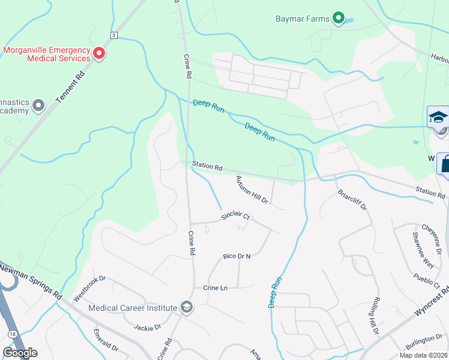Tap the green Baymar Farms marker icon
click(x=339, y=19)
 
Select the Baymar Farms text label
click(x=303, y=19)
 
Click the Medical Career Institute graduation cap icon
click(x=186, y=307)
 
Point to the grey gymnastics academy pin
click(x=39, y=106)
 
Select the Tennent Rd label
click(x=70, y=88)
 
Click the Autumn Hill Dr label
click(x=252, y=190)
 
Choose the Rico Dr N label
click(x=236, y=256)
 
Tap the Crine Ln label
click(x=215, y=288)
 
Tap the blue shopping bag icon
click(x=445, y=163)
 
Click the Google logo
click(x=20, y=353)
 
